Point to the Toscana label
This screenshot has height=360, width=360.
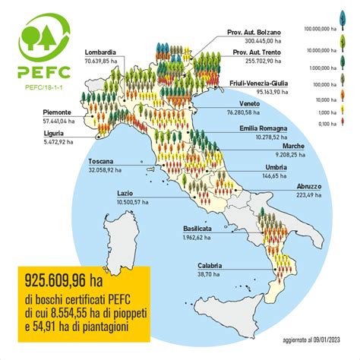click(x=100, y=162)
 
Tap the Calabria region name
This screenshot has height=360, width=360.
click(x=210, y=265)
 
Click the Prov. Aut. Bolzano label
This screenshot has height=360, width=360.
click(x=254, y=32)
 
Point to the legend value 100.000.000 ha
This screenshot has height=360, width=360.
click(x=333, y=28)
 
